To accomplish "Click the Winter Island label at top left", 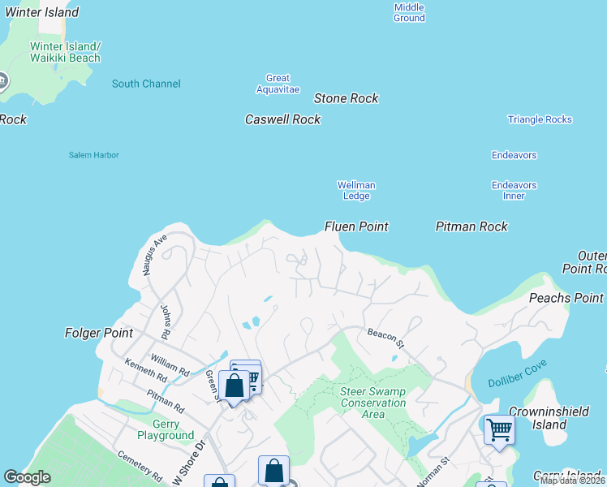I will (x=41, y=12).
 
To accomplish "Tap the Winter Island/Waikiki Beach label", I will (x=65, y=52).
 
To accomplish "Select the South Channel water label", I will (x=146, y=84).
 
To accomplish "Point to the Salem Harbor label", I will (x=93, y=155).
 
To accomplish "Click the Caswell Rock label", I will (x=282, y=119).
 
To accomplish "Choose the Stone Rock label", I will (x=346, y=98).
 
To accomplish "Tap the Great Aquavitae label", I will (x=278, y=84).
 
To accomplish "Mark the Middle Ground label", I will (x=409, y=12).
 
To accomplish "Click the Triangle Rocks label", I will (x=540, y=119).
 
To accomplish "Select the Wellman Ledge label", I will (x=356, y=190).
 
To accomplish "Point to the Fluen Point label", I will (x=356, y=226).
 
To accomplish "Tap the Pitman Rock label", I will (x=471, y=226).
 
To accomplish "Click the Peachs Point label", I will (x=566, y=298).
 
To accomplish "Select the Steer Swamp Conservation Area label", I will (x=372, y=403).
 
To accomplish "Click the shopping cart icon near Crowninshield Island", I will (x=499, y=429).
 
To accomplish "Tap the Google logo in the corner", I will (x=27, y=477).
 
